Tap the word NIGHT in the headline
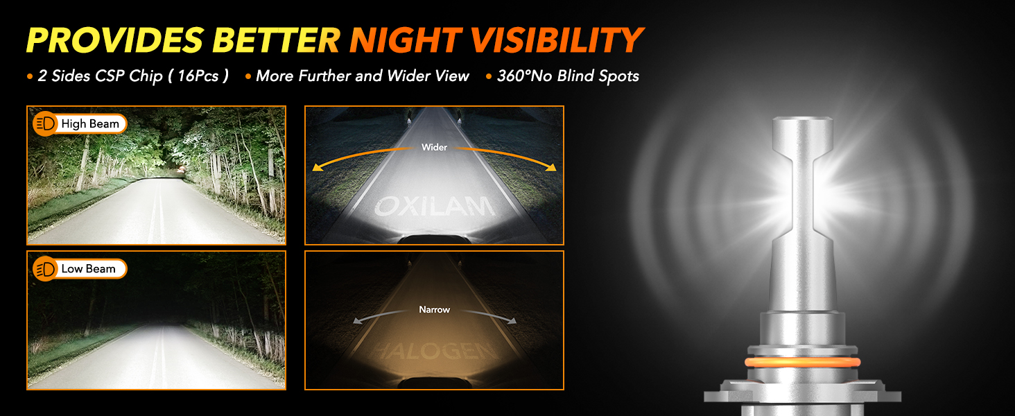pyautogui.click(x=406, y=40)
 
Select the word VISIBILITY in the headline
pyautogui.click(x=557, y=40)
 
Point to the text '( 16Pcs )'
pyautogui.click(x=198, y=76)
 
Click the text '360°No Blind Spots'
pyautogui.click(x=569, y=76)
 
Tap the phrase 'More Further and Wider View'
pyautogui.click(x=363, y=76)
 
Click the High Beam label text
pyautogui.click(x=90, y=123)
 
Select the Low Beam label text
pyautogui.click(x=88, y=269)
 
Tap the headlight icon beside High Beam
pyautogui.click(x=45, y=123)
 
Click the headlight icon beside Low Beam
pyautogui.click(x=45, y=269)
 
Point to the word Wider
pyautogui.click(x=434, y=147)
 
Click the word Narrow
pyautogui.click(x=435, y=309)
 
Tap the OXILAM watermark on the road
pyautogui.click(x=435, y=207)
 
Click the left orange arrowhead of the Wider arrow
pyautogui.click(x=318, y=167)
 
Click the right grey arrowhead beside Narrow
pyautogui.click(x=512, y=321)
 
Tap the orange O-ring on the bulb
pyautogui.click(x=802, y=362)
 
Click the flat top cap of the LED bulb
pyautogui.click(x=802, y=119)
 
